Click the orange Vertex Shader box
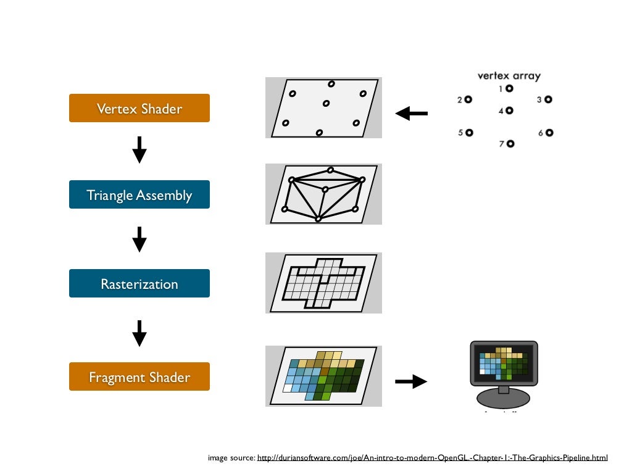[139, 109]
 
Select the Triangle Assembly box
[139, 195]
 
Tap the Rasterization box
[139, 284]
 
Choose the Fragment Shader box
[139, 376]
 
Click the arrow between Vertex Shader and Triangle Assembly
[139, 150]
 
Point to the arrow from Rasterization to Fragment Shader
[139, 333]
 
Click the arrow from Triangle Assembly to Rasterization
[139, 239]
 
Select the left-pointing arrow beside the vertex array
[412, 114]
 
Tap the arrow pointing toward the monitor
[411, 382]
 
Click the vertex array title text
[509, 77]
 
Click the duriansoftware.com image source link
[432, 457]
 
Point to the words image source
[231, 457]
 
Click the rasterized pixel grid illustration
[323, 283]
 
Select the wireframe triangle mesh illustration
[323, 194]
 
